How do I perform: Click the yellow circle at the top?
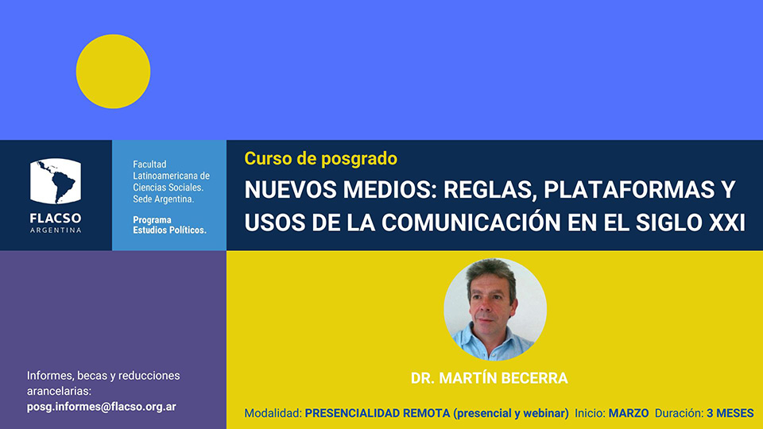point(114,71)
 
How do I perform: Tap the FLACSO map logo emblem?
point(56,181)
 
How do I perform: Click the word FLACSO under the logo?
point(56,218)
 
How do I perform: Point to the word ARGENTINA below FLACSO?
point(56,230)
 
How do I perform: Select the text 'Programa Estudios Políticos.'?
point(170,225)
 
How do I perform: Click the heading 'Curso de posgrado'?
point(320,159)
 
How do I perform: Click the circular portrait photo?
point(495,309)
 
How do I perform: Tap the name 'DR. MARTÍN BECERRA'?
point(489,378)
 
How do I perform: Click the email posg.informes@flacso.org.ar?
point(101,407)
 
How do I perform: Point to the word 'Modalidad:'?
point(273,413)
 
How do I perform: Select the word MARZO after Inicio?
point(629,413)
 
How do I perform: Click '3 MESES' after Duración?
point(730,413)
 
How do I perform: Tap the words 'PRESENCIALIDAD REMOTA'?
point(377,413)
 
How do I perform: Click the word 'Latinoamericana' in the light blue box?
point(172,176)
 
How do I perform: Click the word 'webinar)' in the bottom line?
point(547,413)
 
